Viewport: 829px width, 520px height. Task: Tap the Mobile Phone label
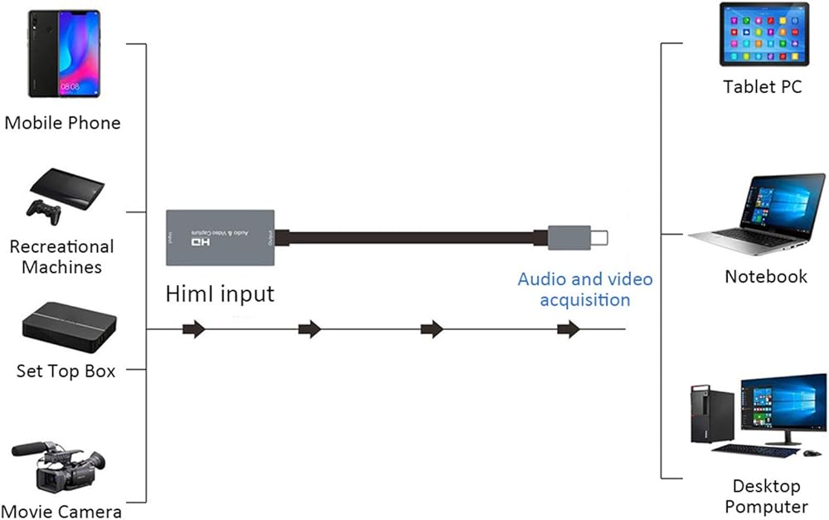[63, 124]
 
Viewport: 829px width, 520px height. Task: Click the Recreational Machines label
[61, 257]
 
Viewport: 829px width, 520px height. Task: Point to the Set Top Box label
[65, 371]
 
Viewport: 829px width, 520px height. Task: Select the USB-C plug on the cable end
[578, 238]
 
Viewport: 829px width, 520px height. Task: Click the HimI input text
[219, 294]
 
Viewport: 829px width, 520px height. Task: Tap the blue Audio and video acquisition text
[584, 289]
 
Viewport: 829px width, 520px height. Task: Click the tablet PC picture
[764, 35]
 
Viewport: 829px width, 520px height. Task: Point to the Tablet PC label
[762, 86]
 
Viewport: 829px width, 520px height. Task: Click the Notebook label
[765, 276]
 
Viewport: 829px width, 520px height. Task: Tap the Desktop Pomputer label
[765, 496]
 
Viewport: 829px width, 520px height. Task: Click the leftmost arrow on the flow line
[194, 330]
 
